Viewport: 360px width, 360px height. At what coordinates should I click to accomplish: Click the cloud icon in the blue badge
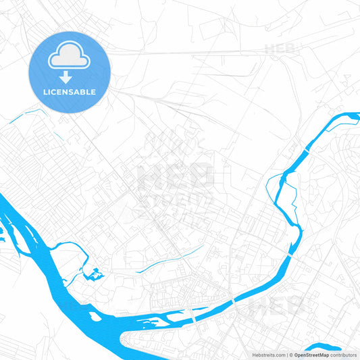[x=69, y=59]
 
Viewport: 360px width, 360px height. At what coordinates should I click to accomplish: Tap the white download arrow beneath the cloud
[x=69, y=78]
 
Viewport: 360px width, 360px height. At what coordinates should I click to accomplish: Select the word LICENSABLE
[x=69, y=92]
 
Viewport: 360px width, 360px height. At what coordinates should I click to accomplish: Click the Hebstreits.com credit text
[x=269, y=354]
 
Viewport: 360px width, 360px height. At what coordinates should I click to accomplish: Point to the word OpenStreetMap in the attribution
[x=312, y=354]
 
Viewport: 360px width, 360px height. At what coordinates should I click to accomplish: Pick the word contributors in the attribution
[x=344, y=354]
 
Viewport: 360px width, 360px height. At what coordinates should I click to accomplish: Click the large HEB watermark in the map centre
[x=175, y=177]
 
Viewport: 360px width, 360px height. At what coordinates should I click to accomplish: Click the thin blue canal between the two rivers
[x=169, y=259]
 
